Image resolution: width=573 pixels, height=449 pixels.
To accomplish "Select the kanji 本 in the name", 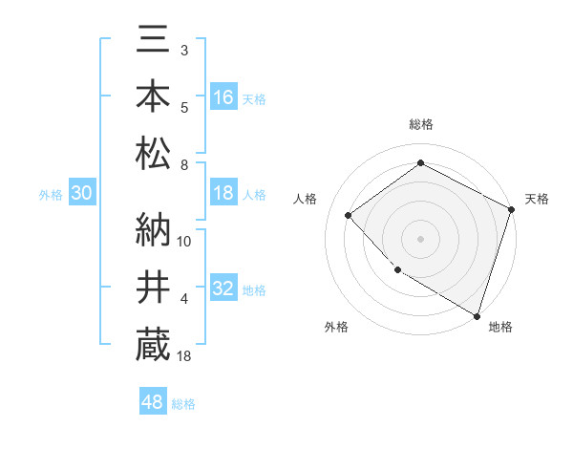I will coord(153,96).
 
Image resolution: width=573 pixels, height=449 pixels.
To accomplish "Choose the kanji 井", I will coord(153,287).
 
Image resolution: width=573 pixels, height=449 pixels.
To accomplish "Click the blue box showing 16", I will coord(223,96).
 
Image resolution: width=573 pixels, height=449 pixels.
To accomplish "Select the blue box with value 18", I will coord(223,193).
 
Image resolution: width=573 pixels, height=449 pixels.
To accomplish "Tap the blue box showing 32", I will coord(223,289).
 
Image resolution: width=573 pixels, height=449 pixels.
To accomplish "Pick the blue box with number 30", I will coord(81,193).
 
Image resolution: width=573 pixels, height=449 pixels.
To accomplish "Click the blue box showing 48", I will coord(153,402).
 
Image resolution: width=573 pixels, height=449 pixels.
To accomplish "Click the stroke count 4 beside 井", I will coord(184,299).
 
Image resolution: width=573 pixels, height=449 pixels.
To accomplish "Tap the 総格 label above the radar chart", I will coord(420,124).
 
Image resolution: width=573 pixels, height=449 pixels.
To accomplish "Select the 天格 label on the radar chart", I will coord(537,199).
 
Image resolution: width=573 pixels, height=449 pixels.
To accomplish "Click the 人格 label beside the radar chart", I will coord(305,199).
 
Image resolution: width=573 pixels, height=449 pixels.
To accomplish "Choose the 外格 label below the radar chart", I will coord(335,327).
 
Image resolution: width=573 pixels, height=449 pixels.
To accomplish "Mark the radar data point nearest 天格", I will coord(512,209).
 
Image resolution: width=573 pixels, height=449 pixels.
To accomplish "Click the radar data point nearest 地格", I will coord(476,314).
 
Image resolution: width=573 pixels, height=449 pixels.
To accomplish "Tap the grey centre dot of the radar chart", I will coord(420,238).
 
